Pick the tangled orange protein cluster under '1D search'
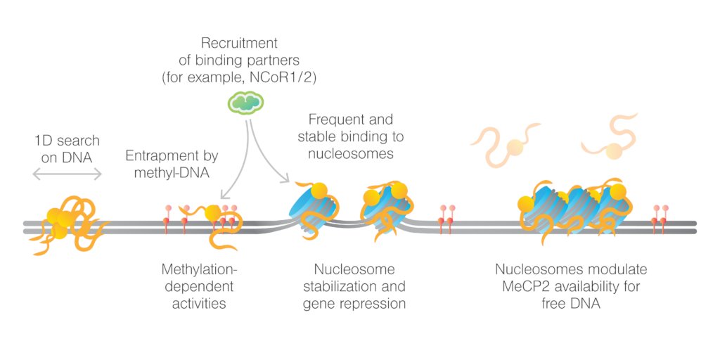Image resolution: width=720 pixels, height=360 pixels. pos(67,221)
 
